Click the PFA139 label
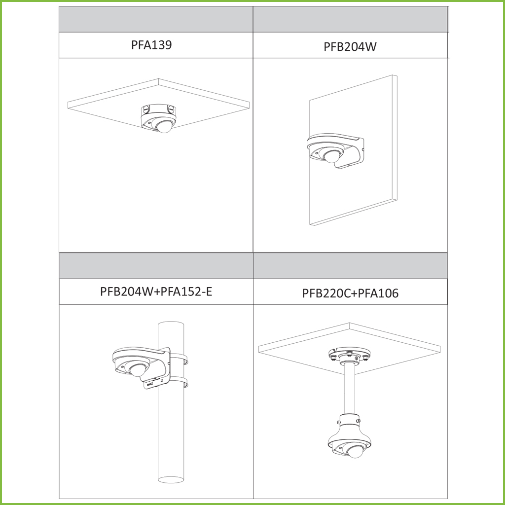point(151,45)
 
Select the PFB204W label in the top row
point(350,47)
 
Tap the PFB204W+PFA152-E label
point(156,291)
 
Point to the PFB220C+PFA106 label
point(350,293)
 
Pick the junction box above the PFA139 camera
point(158,110)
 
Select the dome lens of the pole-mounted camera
point(138,370)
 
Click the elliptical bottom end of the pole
point(171,479)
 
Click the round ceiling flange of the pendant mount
point(349,354)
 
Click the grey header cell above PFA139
point(156,19)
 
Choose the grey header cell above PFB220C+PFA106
point(350,266)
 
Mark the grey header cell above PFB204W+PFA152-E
point(156,266)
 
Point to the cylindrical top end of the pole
point(171,325)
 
